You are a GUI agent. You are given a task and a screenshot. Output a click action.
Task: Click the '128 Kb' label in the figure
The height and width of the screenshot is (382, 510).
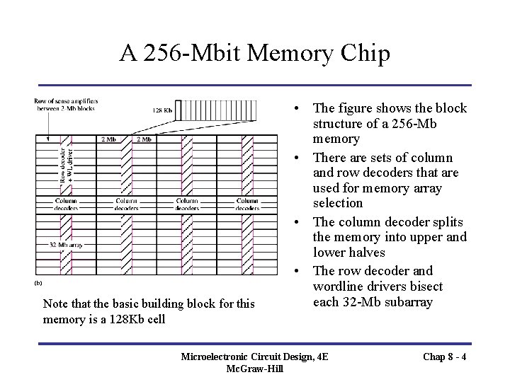[x=161, y=110]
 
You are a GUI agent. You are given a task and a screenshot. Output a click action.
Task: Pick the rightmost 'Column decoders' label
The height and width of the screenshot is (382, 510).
[x=247, y=204]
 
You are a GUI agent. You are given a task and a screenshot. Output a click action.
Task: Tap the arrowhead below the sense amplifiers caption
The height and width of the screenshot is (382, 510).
[x=47, y=140]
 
